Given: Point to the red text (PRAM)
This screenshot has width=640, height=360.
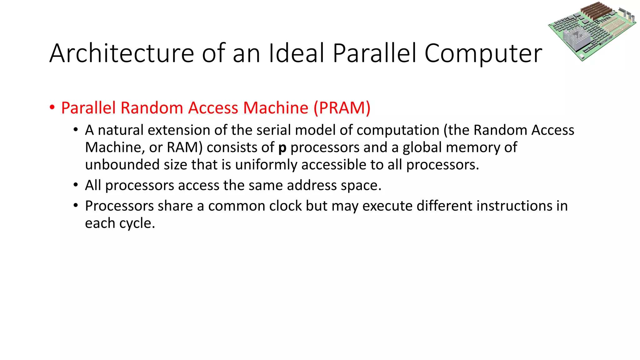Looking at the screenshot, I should (x=342, y=108).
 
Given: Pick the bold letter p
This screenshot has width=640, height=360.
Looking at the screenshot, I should (x=282, y=148).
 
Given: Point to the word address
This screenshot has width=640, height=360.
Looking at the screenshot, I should (x=312, y=185).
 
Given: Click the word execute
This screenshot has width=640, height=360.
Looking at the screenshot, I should (x=387, y=206).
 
